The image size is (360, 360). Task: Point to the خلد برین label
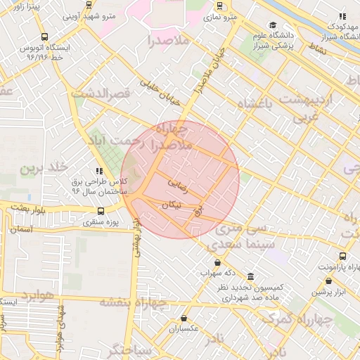pyautogui.click(x=43, y=168)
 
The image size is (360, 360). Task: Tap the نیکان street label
pyautogui.click(x=172, y=205)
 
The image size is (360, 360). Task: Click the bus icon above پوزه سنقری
pyautogui.click(x=101, y=211)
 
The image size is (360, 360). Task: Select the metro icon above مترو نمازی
pyautogui.click(x=221, y=4)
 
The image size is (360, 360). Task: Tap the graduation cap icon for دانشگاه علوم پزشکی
pyautogui.click(x=272, y=26)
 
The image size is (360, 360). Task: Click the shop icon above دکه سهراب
pyautogui.click(x=217, y=262)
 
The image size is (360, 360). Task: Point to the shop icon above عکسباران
pyautogui.click(x=184, y=318)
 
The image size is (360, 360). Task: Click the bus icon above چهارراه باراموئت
pyautogui.click(x=342, y=257)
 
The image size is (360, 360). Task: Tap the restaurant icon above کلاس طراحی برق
pyautogui.click(x=99, y=171)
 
